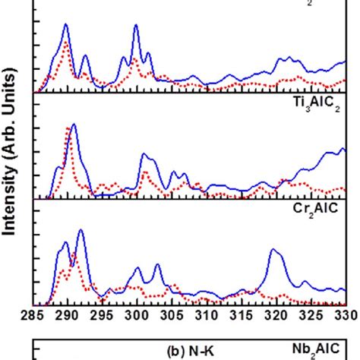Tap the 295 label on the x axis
(x=103, y=316)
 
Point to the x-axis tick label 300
(x=137, y=316)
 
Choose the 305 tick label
(x=172, y=316)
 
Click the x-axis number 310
(x=207, y=316)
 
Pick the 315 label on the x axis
(x=242, y=316)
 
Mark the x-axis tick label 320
(x=276, y=316)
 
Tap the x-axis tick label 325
(x=311, y=316)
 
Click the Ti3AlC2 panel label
(x=317, y=104)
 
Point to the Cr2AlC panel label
(x=315, y=210)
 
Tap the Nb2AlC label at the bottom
(x=316, y=350)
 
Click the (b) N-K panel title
(x=191, y=351)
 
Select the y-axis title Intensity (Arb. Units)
(x=10, y=152)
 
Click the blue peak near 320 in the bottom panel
(x=273, y=249)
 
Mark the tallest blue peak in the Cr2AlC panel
(x=81, y=230)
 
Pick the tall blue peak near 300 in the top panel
(x=136, y=25)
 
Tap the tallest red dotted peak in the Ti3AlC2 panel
(x=68, y=128)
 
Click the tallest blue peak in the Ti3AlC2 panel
(x=74, y=125)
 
